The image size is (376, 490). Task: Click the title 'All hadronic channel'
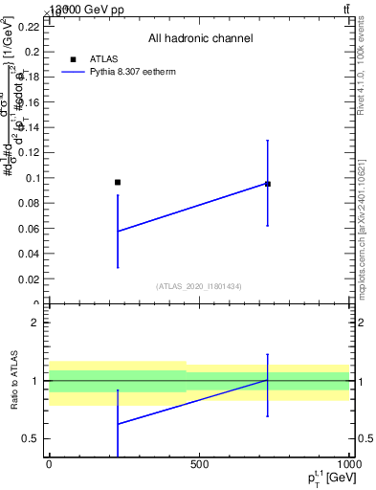pos(200,38)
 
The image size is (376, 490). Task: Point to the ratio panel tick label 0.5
pos(33,439)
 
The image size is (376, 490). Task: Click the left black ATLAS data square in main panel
pos(118,182)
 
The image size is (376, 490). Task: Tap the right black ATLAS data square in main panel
pos(268,184)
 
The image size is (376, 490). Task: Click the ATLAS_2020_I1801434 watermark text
pos(199,286)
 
